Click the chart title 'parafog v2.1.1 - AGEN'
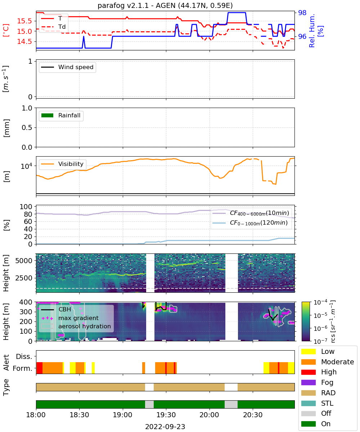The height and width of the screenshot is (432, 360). pyautogui.click(x=136, y=5)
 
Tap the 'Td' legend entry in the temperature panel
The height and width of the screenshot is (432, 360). pyautogui.click(x=53, y=27)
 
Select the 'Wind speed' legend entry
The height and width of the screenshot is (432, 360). pyautogui.click(x=67, y=67)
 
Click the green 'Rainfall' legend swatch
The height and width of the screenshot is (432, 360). pyautogui.click(x=48, y=116)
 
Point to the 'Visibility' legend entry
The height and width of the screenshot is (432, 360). pyautogui.click(x=62, y=164)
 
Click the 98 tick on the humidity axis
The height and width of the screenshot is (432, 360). pyautogui.click(x=302, y=13)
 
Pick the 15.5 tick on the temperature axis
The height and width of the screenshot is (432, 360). pyautogui.click(x=24, y=21)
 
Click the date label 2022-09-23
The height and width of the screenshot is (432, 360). pyautogui.click(x=165, y=427)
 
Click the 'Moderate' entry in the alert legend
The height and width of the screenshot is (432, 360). pyautogui.click(x=328, y=362)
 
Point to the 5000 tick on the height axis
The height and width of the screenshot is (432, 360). pyautogui.click(x=24, y=261)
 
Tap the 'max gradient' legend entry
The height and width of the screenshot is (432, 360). pyautogui.click(x=70, y=318)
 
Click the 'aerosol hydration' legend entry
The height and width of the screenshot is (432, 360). pyautogui.click(x=76, y=326)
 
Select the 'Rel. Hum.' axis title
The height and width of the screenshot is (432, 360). pyautogui.click(x=312, y=31)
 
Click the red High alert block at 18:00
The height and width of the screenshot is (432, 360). pyautogui.click(x=39, y=368)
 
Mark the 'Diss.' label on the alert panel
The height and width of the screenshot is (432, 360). pyautogui.click(x=24, y=356)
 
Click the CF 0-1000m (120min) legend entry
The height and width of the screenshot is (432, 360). pyautogui.click(x=250, y=223)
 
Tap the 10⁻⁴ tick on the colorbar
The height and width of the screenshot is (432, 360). pyautogui.click(x=320, y=302)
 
